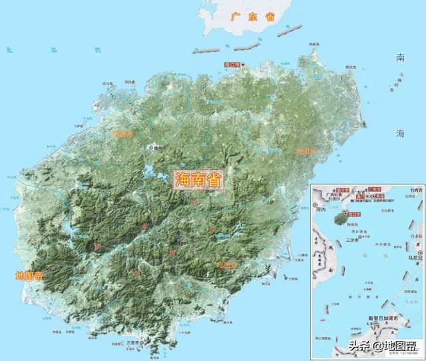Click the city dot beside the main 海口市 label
click(x=244, y=65)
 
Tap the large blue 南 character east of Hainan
click(x=400, y=57)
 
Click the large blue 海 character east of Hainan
click(x=400, y=133)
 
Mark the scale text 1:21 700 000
click(x=404, y=354)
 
